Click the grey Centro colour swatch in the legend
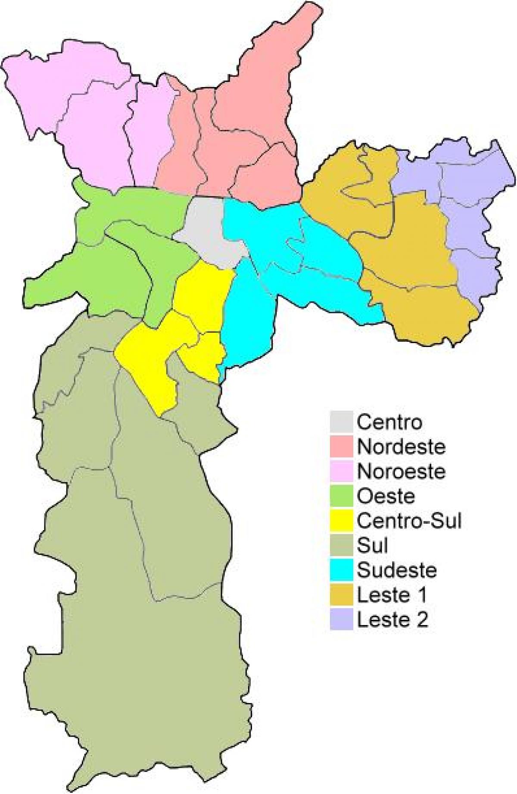(342, 422)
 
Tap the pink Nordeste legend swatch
(342, 447)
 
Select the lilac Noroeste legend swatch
(342, 471)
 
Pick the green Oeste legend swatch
(342, 496)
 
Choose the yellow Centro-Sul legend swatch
(342, 520)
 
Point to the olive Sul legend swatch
(342, 545)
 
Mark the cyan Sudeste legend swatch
(342, 570)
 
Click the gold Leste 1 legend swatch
(342, 595)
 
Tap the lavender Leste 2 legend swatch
(342, 619)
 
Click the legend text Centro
(389, 422)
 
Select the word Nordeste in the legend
(401, 447)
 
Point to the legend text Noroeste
(401, 471)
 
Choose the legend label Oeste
(386, 496)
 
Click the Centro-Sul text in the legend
(409, 521)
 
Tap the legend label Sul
(373, 545)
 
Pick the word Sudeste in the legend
(397, 570)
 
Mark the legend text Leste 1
(392, 595)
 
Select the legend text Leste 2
(392, 619)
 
